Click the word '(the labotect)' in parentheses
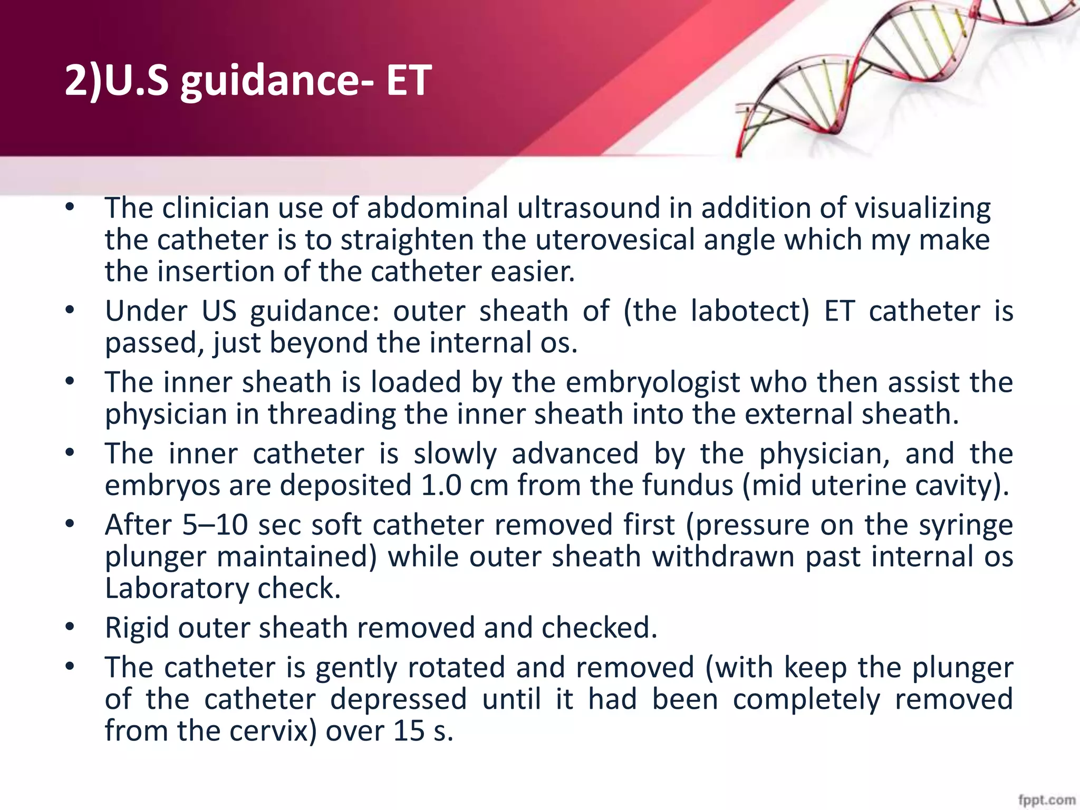(716, 311)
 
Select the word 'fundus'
(688, 485)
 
